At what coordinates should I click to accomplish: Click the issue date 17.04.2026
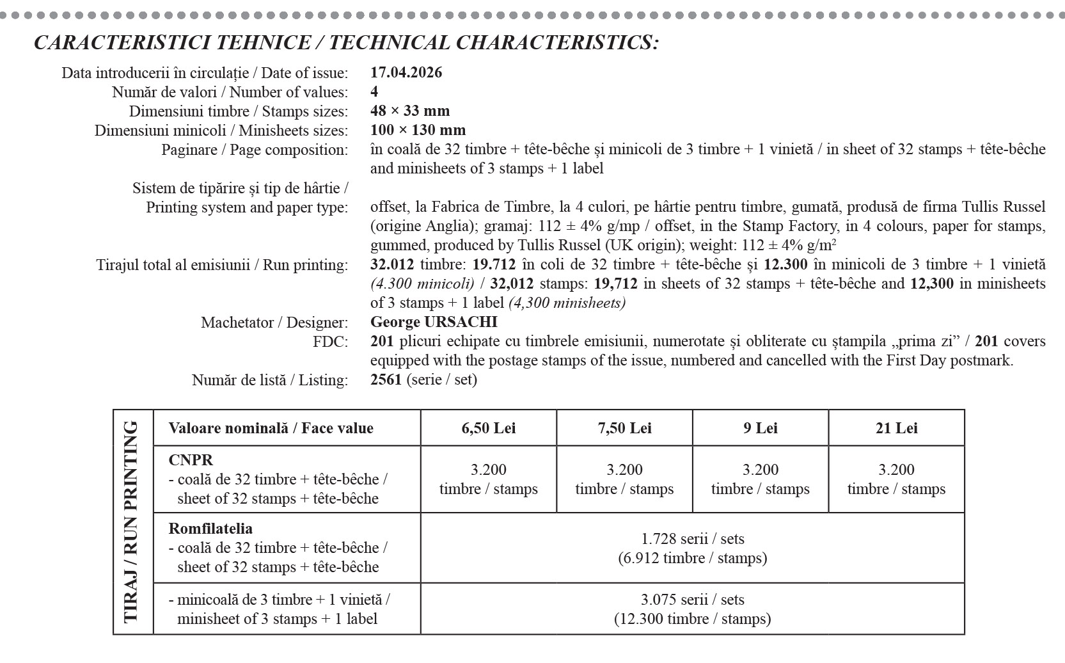tap(406, 72)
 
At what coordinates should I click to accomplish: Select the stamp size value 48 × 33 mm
tap(409, 111)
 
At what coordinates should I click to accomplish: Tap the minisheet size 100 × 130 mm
tap(418, 130)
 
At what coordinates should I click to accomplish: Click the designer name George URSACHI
tap(433, 322)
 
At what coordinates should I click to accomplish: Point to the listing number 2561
tap(386, 379)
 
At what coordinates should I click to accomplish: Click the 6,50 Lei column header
tap(488, 428)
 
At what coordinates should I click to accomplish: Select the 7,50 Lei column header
tap(624, 428)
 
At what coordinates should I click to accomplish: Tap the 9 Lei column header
tap(760, 428)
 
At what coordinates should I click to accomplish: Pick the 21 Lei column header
tap(896, 428)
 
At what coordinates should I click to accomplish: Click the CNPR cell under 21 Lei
tap(896, 479)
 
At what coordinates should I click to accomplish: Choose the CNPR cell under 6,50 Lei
tap(488, 479)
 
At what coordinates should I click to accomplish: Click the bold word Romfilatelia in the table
tap(210, 529)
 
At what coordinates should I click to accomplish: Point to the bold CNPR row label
tap(191, 460)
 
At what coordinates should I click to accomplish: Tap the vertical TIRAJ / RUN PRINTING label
tap(131, 522)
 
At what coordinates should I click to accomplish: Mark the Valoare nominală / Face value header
tap(271, 428)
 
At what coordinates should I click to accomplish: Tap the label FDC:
tap(330, 341)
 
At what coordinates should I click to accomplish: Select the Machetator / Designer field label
tap(274, 322)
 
